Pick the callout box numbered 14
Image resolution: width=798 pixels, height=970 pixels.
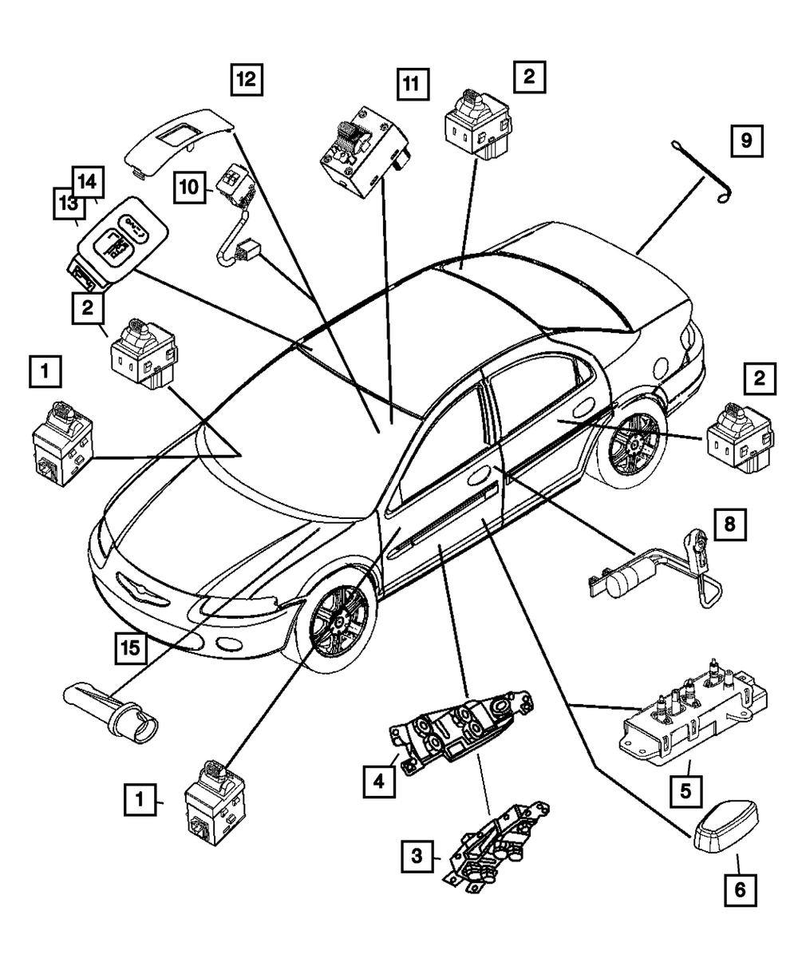tap(89, 182)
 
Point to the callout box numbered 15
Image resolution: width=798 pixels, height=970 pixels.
tap(129, 647)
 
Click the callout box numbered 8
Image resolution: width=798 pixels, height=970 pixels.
tap(729, 525)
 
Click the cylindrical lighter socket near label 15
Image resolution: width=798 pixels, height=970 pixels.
tap(115, 707)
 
